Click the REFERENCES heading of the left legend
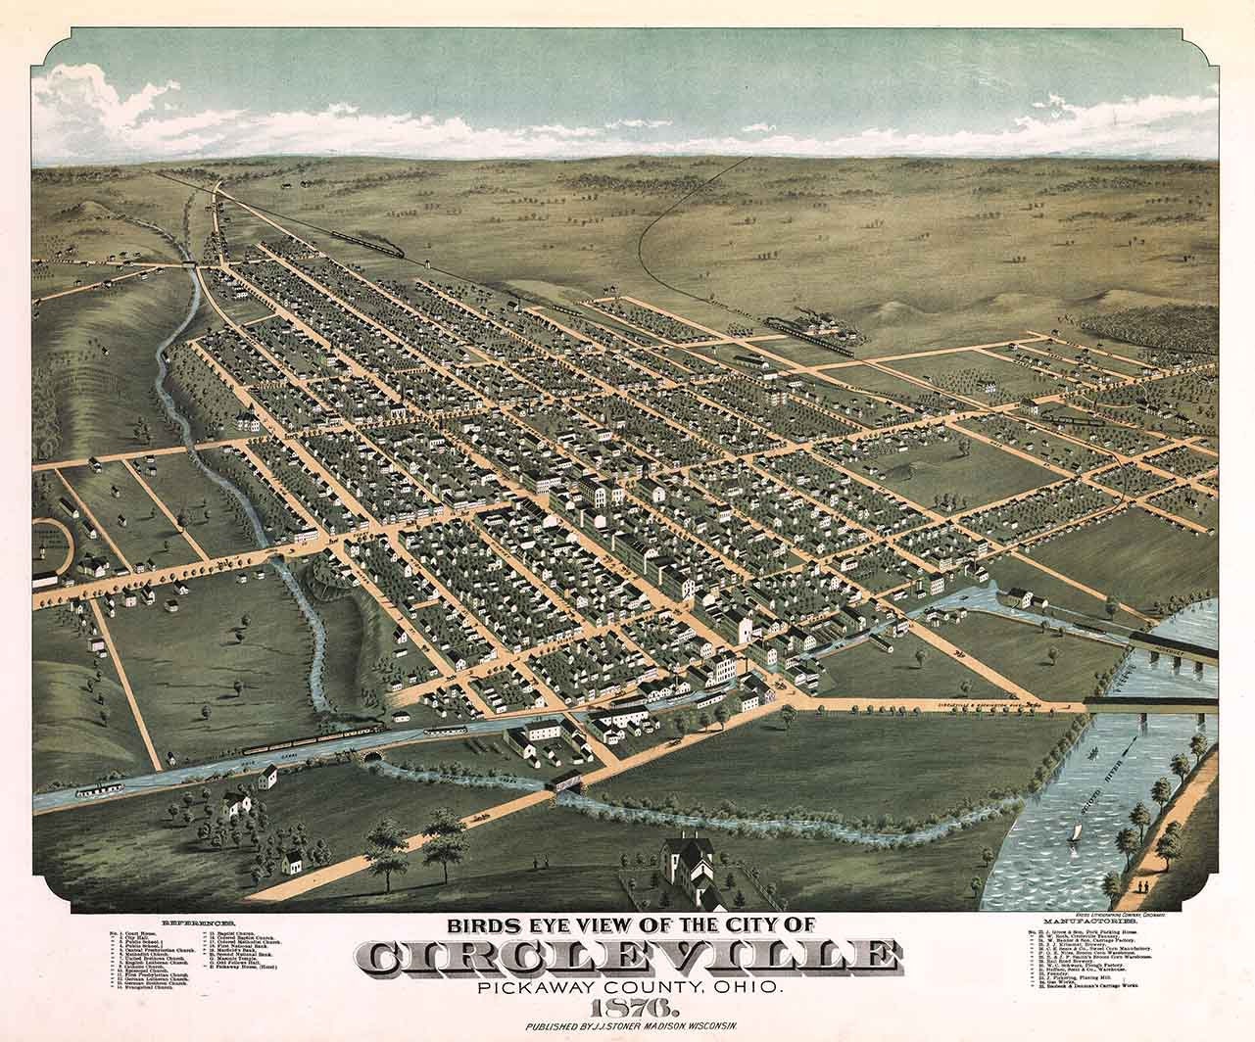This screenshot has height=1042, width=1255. click(x=199, y=924)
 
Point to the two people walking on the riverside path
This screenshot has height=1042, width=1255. click(x=1142, y=885)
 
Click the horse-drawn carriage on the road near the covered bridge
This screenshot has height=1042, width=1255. click(x=480, y=814)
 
